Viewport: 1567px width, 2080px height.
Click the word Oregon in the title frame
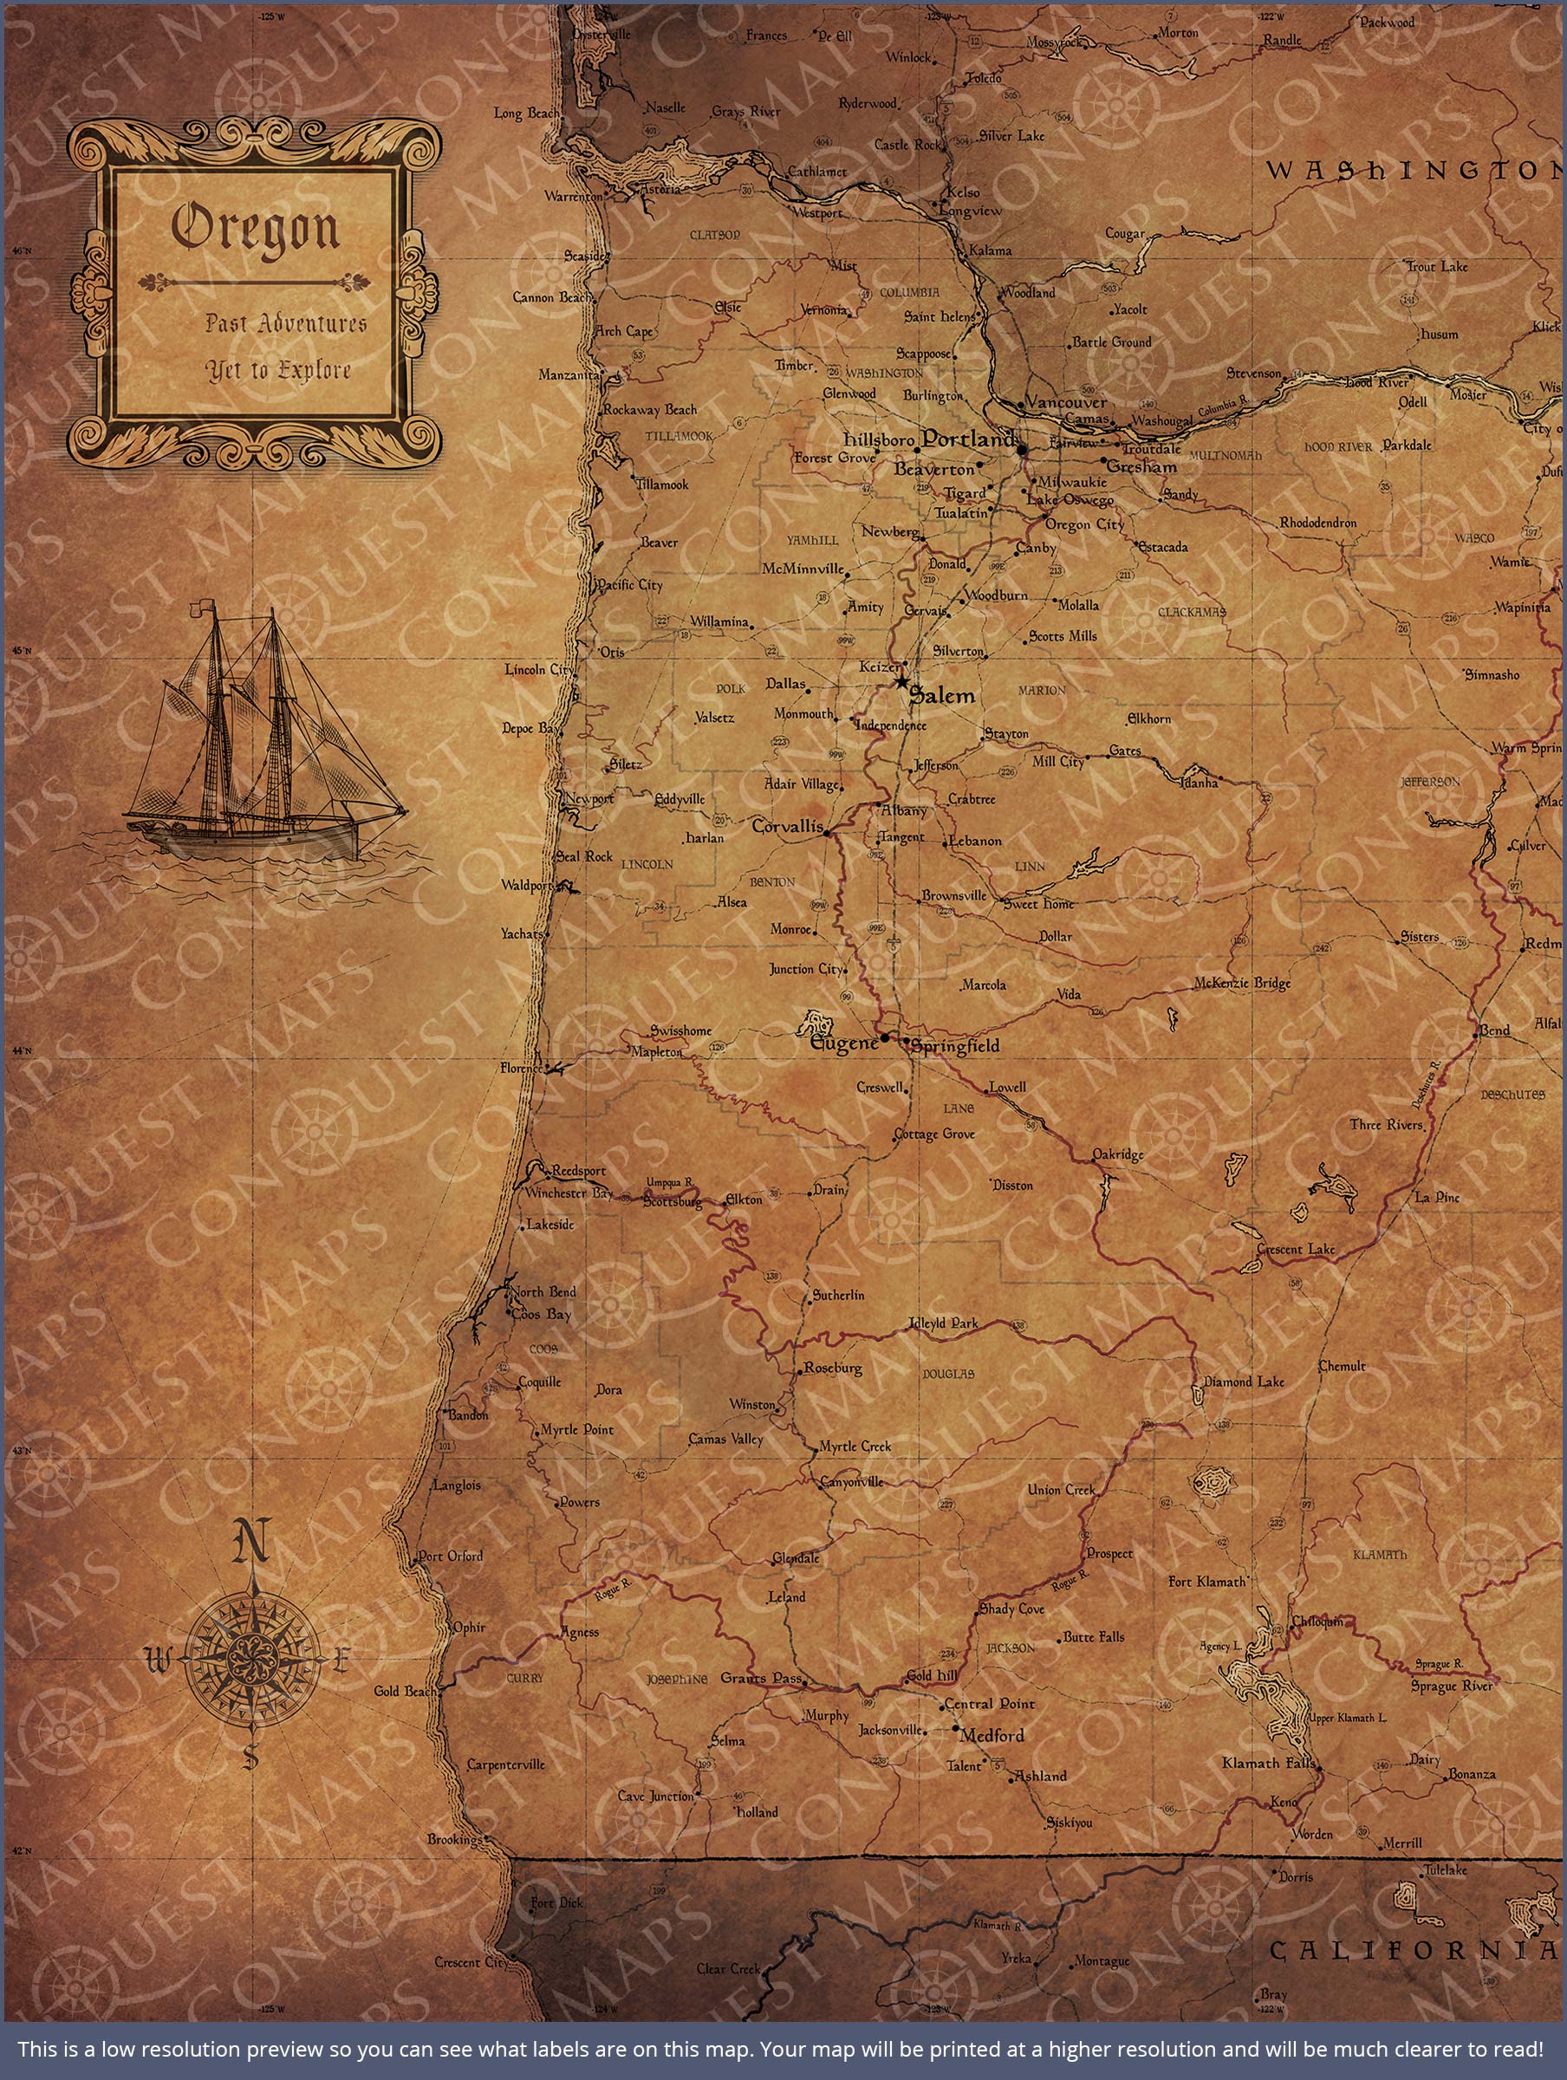255,230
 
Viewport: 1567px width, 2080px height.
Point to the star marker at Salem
901,681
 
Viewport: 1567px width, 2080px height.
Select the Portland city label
968,439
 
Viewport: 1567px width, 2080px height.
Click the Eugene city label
843,1043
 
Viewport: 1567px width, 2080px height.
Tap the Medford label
992,1735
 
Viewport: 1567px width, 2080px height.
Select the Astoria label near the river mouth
660,189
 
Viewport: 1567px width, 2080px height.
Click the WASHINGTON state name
1411,170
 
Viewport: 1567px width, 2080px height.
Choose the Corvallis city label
787,828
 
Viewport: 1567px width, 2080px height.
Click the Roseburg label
834,1368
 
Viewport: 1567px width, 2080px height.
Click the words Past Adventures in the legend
286,323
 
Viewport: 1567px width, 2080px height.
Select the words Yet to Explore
278,370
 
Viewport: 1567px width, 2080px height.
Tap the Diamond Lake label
1244,1381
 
